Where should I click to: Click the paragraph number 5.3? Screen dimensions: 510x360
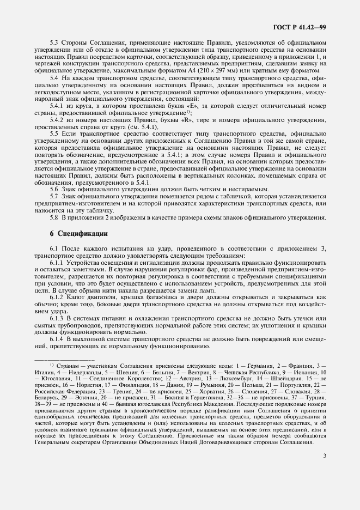[x=55, y=41]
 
